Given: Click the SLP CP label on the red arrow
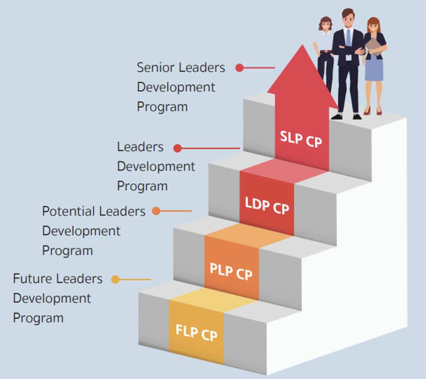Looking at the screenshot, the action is point(301,139).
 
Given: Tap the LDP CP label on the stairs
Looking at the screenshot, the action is point(267,206).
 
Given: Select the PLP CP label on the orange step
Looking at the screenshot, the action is point(231,271).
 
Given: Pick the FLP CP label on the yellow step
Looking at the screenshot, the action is point(196,332).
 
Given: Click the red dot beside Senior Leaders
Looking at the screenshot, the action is point(240,68).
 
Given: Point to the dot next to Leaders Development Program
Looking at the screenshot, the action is point(177,148).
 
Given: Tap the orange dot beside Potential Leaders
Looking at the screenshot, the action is point(156,211).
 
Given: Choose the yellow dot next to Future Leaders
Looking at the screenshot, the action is point(115,279).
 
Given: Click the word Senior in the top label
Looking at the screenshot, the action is point(155,68).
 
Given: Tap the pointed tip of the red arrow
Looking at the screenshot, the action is point(302,45).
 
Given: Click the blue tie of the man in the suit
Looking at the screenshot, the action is point(348,38).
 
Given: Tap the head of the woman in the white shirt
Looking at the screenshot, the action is point(325,24).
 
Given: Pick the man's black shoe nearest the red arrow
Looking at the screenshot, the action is point(337,117).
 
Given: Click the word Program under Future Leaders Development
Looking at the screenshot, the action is point(38,318).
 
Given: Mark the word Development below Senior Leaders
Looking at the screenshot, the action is point(176,87).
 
